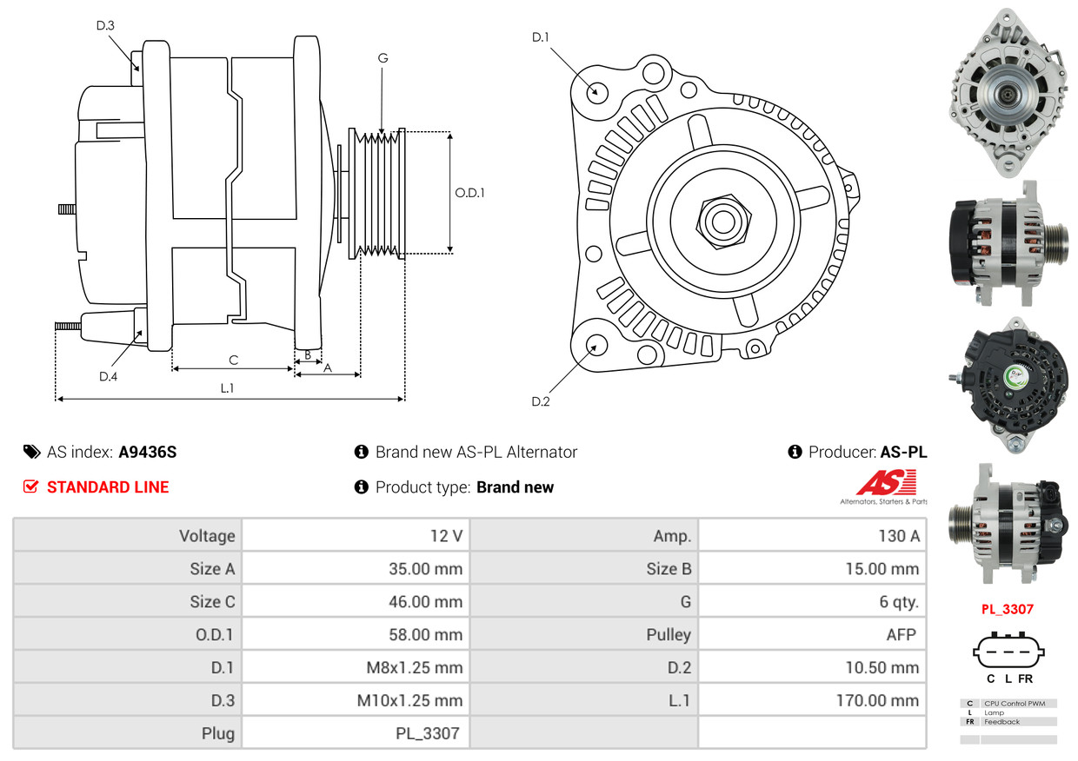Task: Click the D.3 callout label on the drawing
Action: tap(105, 25)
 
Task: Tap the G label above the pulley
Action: tap(383, 58)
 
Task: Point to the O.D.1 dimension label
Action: tap(469, 193)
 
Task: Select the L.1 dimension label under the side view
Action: tap(227, 388)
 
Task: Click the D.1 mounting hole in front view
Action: tap(596, 91)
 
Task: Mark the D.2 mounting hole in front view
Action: tap(596, 345)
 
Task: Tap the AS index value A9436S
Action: tap(148, 452)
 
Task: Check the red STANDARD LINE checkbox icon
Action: tap(30, 486)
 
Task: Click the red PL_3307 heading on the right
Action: tap(1008, 609)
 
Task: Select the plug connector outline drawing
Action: tap(1008, 651)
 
